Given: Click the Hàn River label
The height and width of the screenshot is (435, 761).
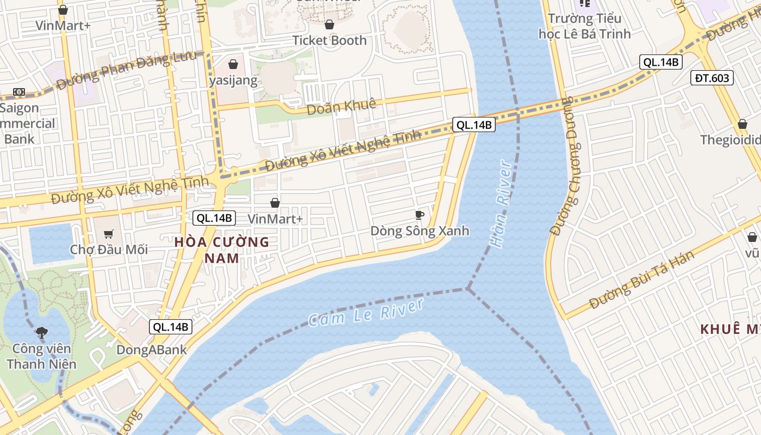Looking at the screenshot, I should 501,204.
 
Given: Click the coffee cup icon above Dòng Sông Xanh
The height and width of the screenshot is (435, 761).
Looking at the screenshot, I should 419,215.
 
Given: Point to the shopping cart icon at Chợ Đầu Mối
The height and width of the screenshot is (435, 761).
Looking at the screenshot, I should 109,234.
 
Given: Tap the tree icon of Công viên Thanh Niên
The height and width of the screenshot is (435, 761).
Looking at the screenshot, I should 41,332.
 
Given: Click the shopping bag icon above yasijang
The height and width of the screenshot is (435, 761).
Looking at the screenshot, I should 233,64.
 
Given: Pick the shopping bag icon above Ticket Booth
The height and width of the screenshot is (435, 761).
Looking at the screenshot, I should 329,24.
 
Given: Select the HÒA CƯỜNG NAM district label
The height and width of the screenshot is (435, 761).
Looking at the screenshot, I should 222,250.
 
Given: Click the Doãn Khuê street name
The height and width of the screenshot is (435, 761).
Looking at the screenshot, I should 341,107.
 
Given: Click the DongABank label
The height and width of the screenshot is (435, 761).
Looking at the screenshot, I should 152,350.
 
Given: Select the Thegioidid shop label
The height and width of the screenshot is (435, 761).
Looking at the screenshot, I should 730,140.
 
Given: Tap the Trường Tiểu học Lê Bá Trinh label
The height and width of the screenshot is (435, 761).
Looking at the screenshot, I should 584,26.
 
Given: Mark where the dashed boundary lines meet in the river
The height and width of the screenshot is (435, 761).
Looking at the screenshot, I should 467,289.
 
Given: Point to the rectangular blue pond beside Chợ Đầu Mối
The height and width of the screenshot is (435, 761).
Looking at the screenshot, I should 51,243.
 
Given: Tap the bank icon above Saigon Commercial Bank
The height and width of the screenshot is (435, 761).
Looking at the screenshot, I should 19,92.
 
